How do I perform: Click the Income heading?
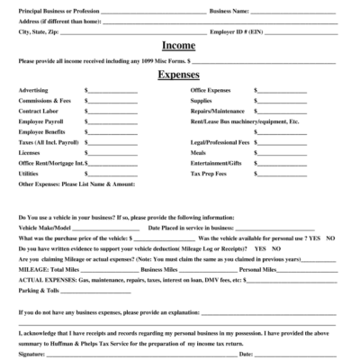tap(179, 45)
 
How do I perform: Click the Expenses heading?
tap(179, 76)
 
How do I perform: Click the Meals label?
tap(199, 152)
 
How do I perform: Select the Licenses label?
tap(30, 152)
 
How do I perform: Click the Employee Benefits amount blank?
tap(112, 132)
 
